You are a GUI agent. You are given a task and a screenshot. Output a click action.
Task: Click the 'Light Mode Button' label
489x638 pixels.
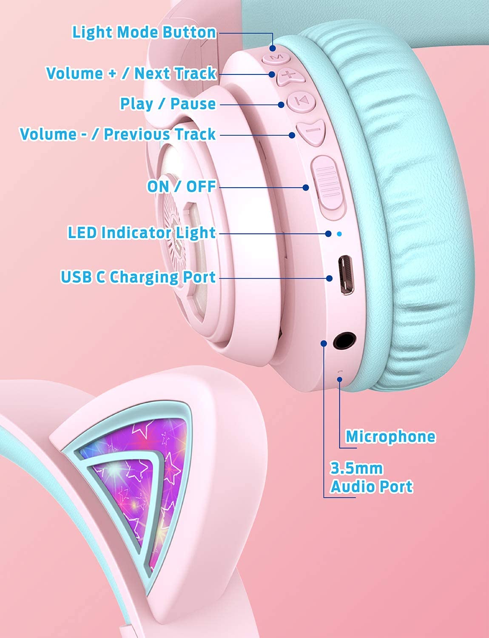144,33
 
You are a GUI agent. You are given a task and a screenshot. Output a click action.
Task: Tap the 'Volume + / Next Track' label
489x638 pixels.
131,73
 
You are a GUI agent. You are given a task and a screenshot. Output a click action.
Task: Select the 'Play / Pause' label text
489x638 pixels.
168,104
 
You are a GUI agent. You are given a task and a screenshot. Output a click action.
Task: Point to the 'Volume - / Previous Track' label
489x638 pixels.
118,134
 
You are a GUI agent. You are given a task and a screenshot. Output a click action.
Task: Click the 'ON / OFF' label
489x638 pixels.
182,186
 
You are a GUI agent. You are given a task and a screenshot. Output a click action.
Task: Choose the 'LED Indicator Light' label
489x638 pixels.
142,233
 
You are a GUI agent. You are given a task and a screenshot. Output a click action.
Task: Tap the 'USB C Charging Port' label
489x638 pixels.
138,277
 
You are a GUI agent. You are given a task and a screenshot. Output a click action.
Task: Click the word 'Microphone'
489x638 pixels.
390,436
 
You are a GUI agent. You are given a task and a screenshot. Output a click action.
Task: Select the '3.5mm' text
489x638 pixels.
357,468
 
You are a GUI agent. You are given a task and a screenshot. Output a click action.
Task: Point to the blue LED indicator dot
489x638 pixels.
339,234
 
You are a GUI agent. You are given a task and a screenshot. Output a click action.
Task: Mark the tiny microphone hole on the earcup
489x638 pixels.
339,371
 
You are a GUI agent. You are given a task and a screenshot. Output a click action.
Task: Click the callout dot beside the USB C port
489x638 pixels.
330,278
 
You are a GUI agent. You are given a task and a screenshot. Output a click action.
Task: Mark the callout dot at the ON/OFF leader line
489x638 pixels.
306,187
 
